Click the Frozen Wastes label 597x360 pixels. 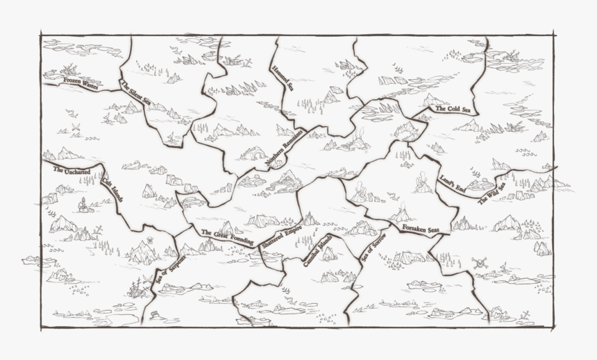(81, 83)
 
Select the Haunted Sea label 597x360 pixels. (283, 78)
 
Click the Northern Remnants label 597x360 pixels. (285, 147)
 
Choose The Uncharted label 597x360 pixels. (72, 169)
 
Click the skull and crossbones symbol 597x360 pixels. (478, 263)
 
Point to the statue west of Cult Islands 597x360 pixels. (83, 204)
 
